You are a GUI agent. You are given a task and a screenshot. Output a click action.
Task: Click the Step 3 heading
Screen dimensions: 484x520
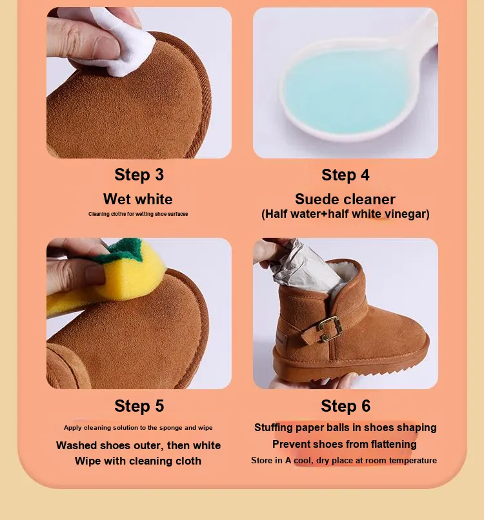pos(139,175)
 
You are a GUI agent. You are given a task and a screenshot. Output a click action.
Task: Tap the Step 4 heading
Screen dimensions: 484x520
pos(345,175)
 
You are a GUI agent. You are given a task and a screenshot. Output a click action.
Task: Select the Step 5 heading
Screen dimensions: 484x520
pos(139,405)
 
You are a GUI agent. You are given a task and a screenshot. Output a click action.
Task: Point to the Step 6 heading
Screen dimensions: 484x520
pos(345,405)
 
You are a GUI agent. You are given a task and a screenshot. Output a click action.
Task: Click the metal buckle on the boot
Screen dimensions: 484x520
pos(329,329)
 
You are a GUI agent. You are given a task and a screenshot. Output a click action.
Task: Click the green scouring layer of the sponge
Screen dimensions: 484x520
pos(119,251)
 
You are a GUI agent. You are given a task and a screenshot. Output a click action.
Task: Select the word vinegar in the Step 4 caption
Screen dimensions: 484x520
pos(409,214)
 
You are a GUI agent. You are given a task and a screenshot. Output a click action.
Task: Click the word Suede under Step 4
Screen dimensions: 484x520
pos(316,199)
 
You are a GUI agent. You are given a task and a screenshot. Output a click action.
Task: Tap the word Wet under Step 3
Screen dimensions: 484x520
pos(116,199)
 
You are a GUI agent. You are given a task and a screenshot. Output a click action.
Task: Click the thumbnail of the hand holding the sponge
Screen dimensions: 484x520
pos(139,313)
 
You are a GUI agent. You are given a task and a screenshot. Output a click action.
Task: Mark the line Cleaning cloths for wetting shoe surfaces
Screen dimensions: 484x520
pos(138,214)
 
